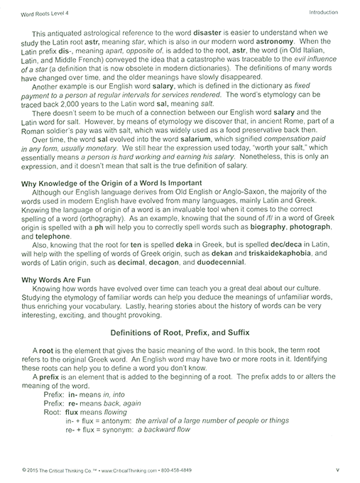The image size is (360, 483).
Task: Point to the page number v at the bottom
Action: pos(338,471)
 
